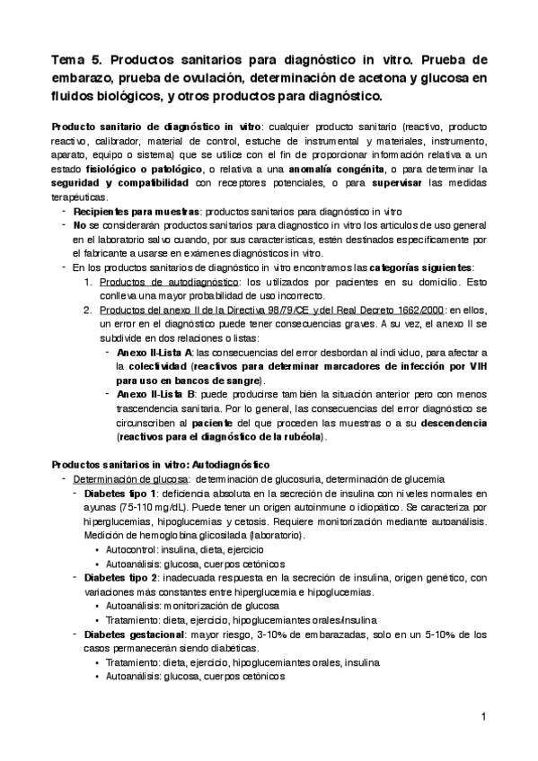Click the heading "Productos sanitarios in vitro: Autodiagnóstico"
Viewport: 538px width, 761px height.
coord(162,464)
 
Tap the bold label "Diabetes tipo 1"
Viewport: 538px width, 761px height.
coord(120,494)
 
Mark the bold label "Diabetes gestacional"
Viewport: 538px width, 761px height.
coord(133,634)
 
